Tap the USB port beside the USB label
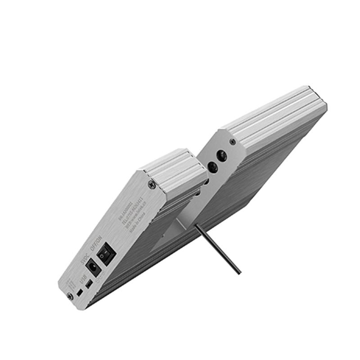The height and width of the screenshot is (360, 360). (x=90, y=284)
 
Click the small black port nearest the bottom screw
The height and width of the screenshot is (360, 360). (x=79, y=293)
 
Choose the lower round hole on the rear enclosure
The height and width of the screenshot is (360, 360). (x=213, y=168)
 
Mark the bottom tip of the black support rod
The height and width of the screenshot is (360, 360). (x=239, y=273)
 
